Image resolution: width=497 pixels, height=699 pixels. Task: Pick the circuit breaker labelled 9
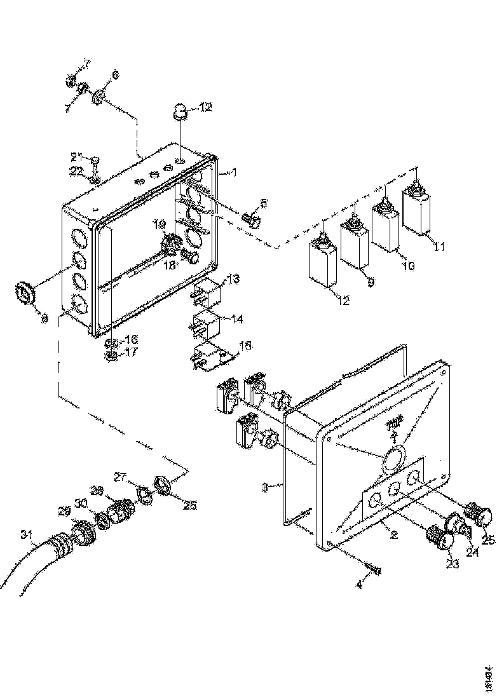point(353,246)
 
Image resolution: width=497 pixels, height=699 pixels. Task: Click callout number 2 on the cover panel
point(394,534)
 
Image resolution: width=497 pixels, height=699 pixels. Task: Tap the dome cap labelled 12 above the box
point(180,114)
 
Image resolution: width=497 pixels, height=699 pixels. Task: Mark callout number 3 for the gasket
point(264,487)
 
